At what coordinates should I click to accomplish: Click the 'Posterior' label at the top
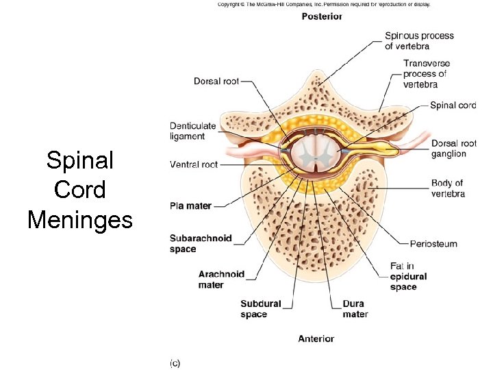tap(322, 16)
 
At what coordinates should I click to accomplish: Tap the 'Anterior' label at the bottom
tap(316, 338)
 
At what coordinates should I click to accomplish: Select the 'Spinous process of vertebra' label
tap(419, 41)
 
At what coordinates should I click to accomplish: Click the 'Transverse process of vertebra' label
tap(426, 74)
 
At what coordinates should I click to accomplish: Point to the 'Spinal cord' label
tap(453, 106)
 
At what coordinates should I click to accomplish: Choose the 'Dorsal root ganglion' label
tap(453, 149)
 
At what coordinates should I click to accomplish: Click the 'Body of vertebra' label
tap(448, 188)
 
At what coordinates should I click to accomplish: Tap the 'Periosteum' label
tap(433, 244)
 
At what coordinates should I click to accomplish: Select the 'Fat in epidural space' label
tap(409, 276)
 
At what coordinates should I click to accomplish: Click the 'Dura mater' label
tap(355, 309)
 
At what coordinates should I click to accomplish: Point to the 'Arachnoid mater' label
tap(221, 280)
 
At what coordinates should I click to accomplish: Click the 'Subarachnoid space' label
tap(201, 244)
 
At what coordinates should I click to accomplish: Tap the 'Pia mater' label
tap(190, 206)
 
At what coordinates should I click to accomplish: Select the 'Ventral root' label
tap(194, 164)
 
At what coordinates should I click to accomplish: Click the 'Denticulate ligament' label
tap(192, 131)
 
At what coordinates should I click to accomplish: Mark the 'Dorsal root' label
tap(216, 82)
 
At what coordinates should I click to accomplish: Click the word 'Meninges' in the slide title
tap(79, 220)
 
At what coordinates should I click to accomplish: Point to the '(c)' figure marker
tap(175, 363)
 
